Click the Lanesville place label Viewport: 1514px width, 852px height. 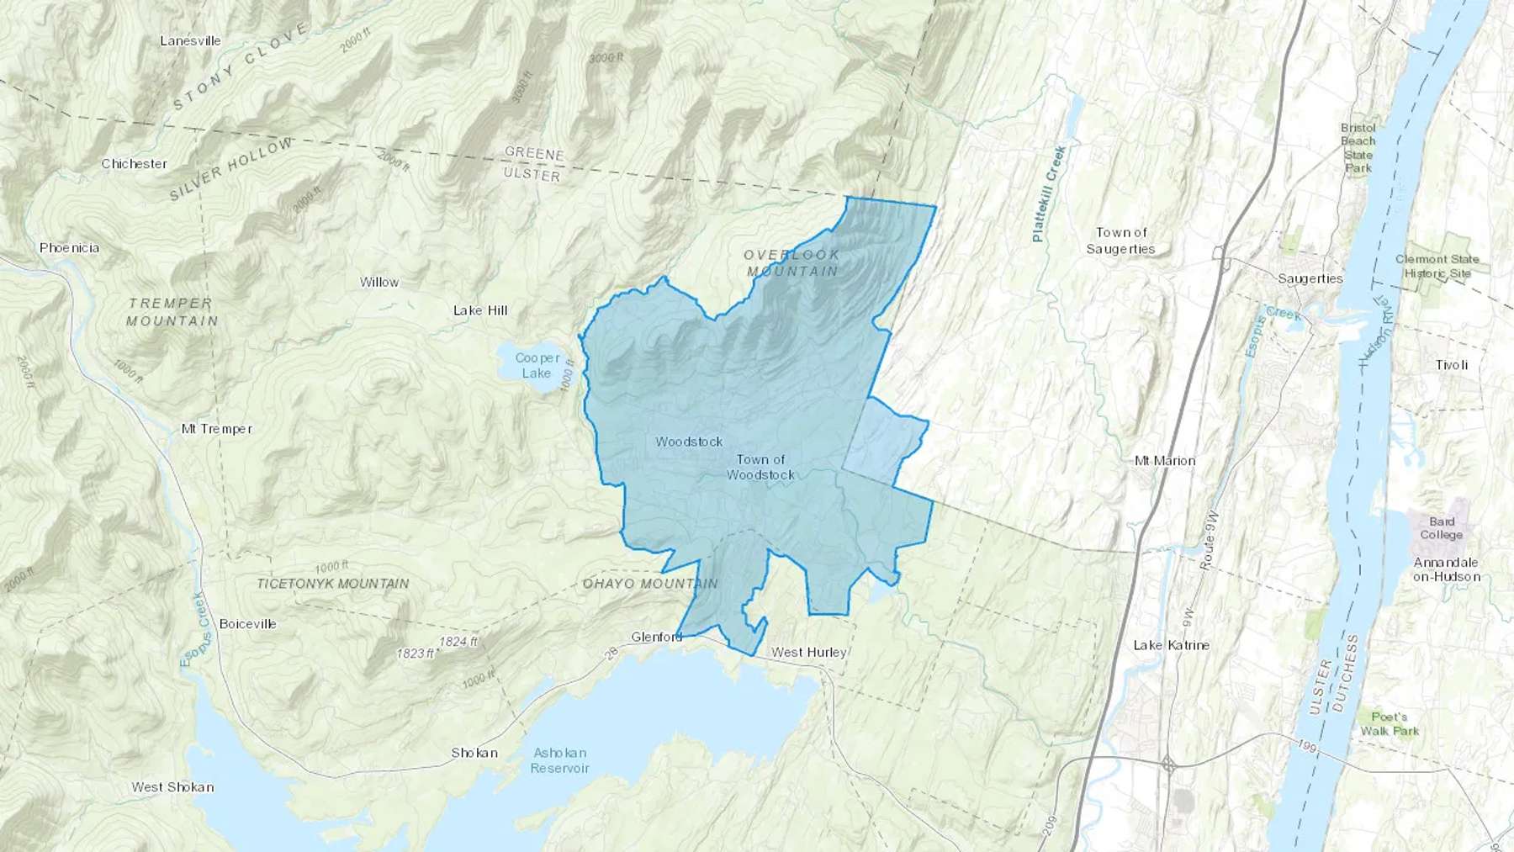tap(190, 40)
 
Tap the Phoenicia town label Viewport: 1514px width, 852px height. tap(69, 248)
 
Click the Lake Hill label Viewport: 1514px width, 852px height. tap(480, 310)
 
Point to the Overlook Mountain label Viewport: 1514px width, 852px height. tap(792, 262)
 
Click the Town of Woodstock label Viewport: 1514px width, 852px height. tap(760, 467)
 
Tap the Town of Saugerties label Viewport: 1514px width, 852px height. tap(1120, 241)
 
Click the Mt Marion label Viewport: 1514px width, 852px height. tap(1165, 461)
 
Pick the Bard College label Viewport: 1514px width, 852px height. tap(1441, 528)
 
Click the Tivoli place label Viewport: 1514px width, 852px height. tap(1453, 365)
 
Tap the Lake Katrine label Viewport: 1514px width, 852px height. tap(1171, 645)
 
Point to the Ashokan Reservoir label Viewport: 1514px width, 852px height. tap(559, 760)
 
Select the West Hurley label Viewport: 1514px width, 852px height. tap(808, 652)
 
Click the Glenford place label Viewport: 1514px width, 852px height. tap(657, 637)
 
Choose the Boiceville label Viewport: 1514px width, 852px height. tap(247, 624)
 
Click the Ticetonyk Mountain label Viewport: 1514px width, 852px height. tap(332, 583)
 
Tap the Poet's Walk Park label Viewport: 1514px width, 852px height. tap(1390, 723)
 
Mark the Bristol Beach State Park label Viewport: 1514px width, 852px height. tap(1358, 148)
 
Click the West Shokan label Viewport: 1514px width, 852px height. tap(172, 787)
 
